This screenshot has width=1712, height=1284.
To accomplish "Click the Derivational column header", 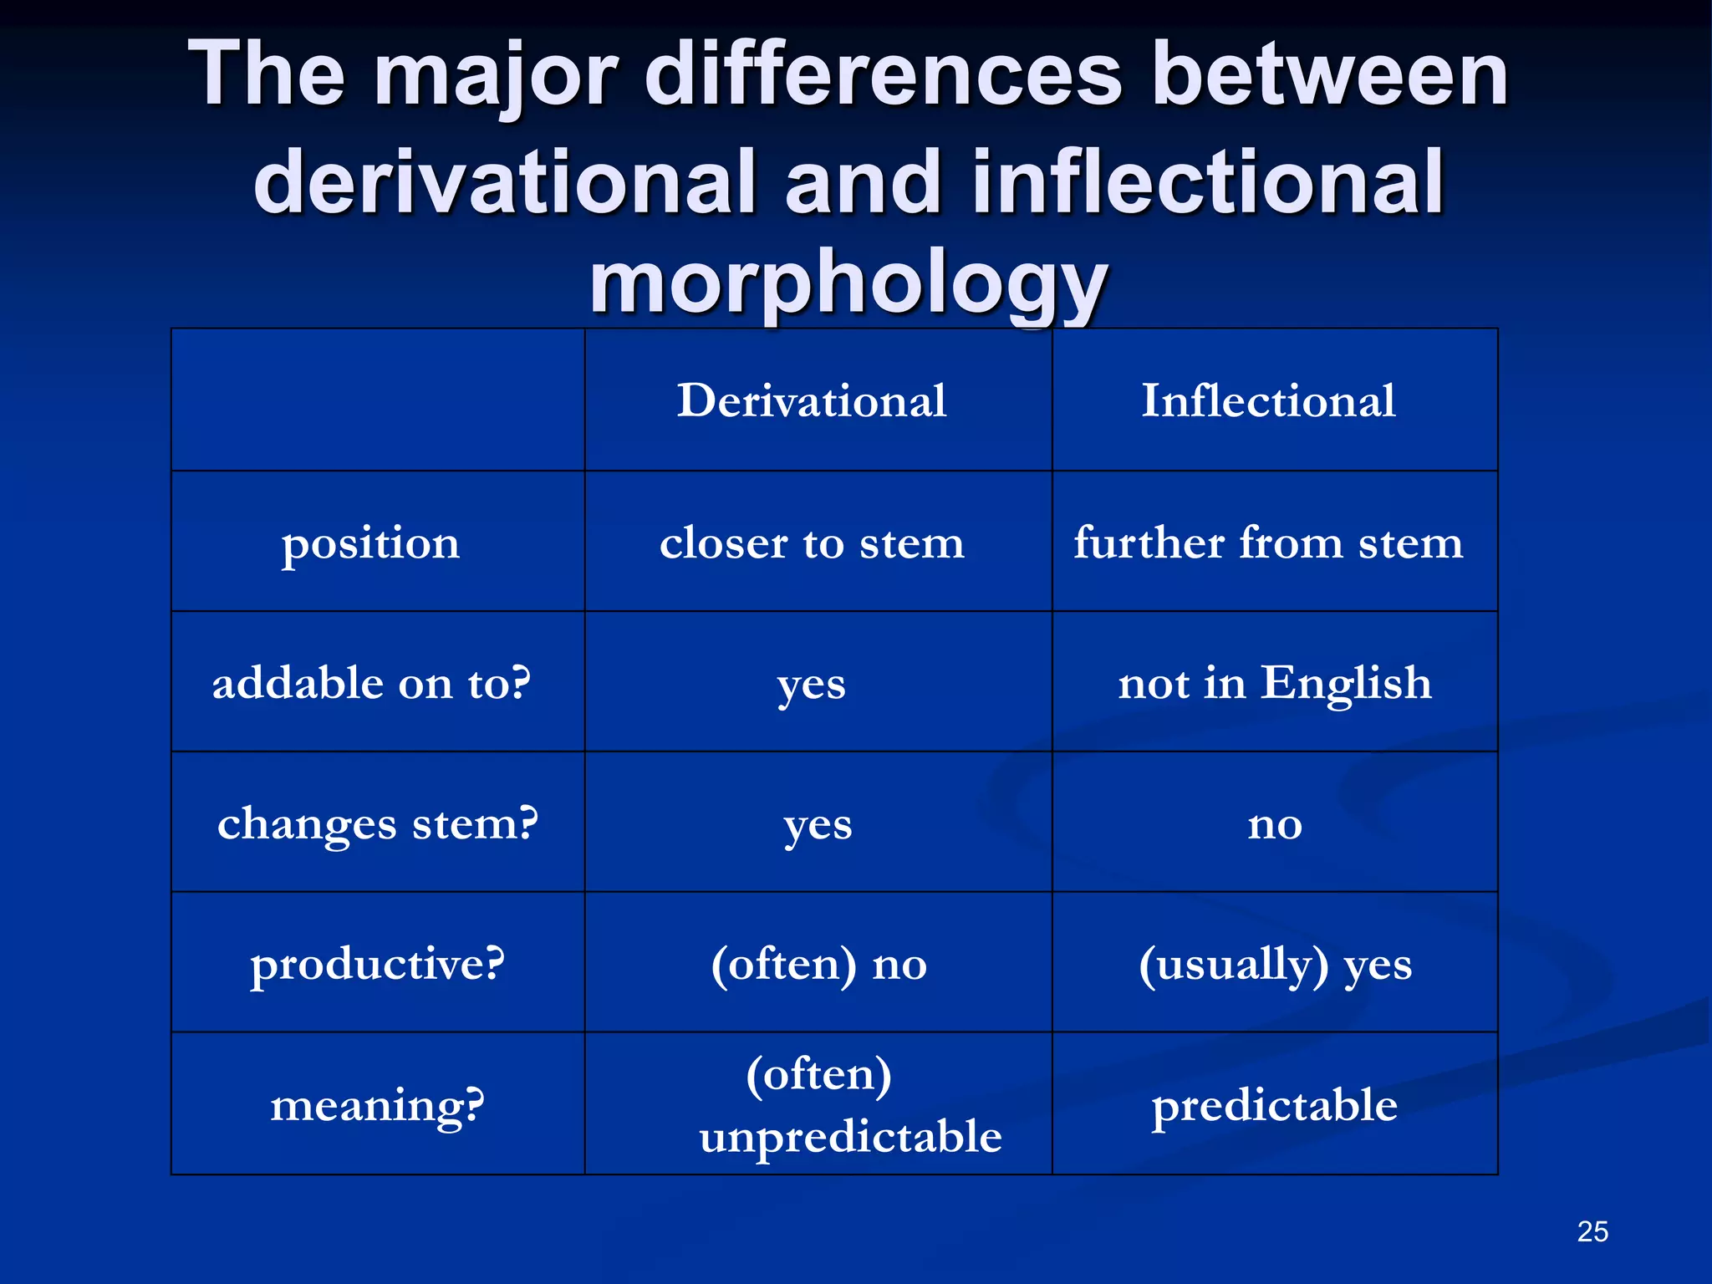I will coord(812,400).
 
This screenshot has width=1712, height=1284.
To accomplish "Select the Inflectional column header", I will coord(1268,400).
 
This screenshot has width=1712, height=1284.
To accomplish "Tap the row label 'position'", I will coord(370,543).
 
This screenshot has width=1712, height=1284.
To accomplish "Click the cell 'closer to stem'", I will coord(812,543).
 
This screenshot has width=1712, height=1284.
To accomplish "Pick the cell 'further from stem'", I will coord(1268,543).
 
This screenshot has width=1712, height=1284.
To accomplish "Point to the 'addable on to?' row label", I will coord(371,683).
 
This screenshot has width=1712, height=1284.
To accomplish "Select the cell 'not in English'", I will coord(1275,683).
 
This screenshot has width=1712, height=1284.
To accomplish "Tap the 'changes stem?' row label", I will coord(378,823).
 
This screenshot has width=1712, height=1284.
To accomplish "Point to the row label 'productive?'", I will coord(378,964).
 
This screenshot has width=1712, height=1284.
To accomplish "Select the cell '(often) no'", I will coord(818,964).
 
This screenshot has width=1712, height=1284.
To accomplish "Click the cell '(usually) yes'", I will coord(1275,964).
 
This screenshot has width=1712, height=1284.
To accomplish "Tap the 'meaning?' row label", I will coord(378,1105).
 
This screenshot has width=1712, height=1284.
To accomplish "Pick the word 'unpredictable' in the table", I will coord(850,1137).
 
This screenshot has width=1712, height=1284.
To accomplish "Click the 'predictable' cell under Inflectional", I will coord(1275,1105).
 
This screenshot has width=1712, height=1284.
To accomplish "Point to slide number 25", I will coord(1592,1231).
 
